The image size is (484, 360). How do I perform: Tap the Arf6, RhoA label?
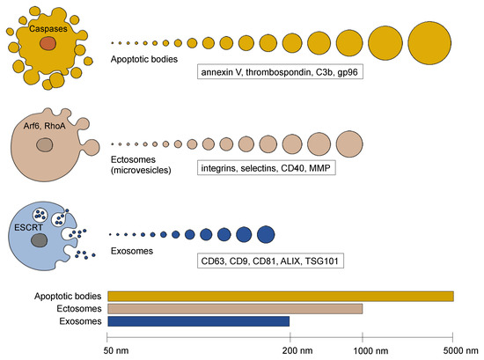[46, 128]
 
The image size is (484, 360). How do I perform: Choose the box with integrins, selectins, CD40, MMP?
[268, 167]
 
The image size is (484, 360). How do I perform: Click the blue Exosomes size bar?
[197, 321]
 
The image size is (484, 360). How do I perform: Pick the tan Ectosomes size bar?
[234, 309]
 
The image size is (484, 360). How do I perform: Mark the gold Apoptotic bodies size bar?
[280, 297]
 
